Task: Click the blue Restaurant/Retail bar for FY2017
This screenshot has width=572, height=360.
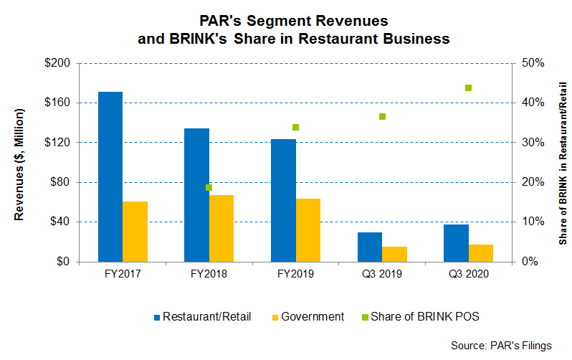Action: click(x=110, y=176)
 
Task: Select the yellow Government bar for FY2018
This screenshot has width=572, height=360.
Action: click(x=221, y=228)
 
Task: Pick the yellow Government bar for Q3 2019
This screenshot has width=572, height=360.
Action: click(x=394, y=254)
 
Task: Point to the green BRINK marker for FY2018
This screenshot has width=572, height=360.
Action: click(x=209, y=188)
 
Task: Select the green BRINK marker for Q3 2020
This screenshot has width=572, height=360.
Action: click(x=468, y=88)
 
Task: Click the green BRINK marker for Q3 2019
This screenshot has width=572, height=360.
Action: click(x=382, y=116)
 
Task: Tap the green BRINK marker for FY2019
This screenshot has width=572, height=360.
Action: click(x=295, y=128)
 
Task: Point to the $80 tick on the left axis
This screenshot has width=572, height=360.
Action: click(x=59, y=182)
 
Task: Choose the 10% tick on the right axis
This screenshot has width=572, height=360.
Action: click(x=528, y=222)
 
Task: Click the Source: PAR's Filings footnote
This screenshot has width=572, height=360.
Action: click(x=502, y=346)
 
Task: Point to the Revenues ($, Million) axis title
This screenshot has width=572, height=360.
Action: click(x=21, y=162)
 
